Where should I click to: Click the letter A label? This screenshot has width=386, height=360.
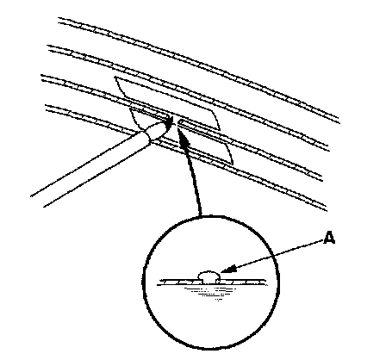pyautogui.click(x=329, y=238)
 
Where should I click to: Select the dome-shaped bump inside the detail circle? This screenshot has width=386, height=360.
pyautogui.click(x=209, y=276)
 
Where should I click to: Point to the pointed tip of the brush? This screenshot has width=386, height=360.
pyautogui.click(x=172, y=118)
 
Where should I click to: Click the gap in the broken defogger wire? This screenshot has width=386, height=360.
pyautogui.click(x=175, y=121)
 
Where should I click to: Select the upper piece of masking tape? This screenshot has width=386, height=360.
pyautogui.click(x=167, y=103)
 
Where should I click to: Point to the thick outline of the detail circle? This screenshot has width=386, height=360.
pyautogui.click(x=143, y=282)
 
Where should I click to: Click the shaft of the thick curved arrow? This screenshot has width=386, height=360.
pyautogui.click(x=193, y=178)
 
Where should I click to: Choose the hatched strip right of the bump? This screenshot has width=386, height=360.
pyautogui.click(x=244, y=282)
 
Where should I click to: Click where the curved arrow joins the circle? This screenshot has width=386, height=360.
pyautogui.click(x=201, y=216)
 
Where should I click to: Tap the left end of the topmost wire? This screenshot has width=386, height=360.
pyautogui.click(x=59, y=19)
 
